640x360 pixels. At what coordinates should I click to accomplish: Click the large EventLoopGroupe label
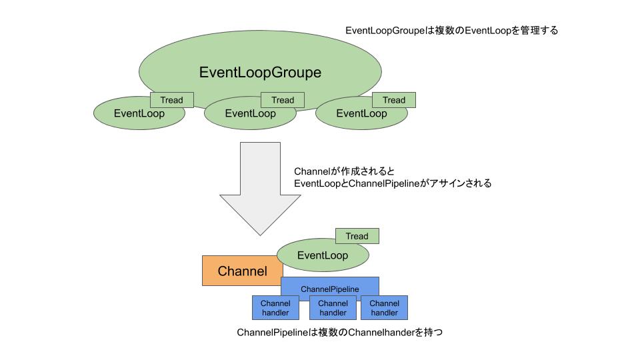(260, 72)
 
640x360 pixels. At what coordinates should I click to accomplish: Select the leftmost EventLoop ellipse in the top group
(139, 113)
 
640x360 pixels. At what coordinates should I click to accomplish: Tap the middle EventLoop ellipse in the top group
(250, 113)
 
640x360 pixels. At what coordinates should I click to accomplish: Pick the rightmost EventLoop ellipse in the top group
(361, 113)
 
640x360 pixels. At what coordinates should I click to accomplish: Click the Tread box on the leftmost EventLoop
(172, 100)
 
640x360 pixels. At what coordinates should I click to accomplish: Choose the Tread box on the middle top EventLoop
(283, 100)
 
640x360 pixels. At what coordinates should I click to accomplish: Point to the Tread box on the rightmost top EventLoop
(394, 100)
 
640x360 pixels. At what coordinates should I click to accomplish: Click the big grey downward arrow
(261, 189)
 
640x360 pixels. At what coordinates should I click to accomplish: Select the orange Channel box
(243, 271)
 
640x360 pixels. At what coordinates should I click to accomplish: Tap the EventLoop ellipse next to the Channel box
(323, 255)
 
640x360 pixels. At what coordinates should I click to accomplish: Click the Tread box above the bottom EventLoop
(357, 236)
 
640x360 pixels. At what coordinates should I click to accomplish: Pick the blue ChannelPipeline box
(330, 289)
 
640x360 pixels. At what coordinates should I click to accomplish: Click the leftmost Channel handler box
(275, 308)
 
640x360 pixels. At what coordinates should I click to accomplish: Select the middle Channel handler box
(333, 308)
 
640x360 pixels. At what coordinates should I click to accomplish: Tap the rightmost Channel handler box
(385, 308)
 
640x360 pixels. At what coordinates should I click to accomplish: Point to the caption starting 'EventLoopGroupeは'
(451, 31)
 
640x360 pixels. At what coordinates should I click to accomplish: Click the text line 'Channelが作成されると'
(345, 171)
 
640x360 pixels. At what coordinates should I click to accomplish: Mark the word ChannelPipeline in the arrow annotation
(384, 184)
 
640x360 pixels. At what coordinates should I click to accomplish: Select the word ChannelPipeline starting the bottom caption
(272, 333)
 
